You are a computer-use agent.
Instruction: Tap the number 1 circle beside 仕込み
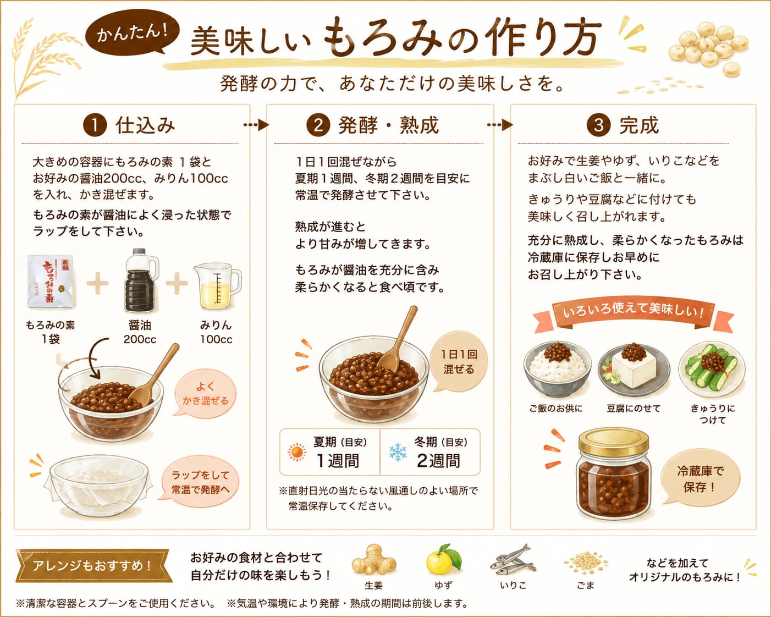click(x=95, y=125)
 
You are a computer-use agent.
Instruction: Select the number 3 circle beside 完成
click(x=598, y=125)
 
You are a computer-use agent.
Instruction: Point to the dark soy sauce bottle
click(x=140, y=280)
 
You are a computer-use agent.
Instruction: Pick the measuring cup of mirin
click(x=217, y=287)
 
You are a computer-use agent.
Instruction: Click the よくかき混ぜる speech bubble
click(x=205, y=393)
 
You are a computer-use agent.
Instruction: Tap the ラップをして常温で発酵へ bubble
click(x=199, y=482)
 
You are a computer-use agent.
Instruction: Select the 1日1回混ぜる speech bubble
click(x=459, y=362)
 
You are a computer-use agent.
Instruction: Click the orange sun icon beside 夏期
click(x=297, y=452)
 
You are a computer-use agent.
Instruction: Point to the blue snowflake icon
click(x=398, y=452)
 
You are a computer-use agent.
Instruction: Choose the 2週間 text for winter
click(x=438, y=461)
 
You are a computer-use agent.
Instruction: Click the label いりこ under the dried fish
click(x=513, y=586)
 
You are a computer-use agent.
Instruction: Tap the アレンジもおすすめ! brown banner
click(x=93, y=566)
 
